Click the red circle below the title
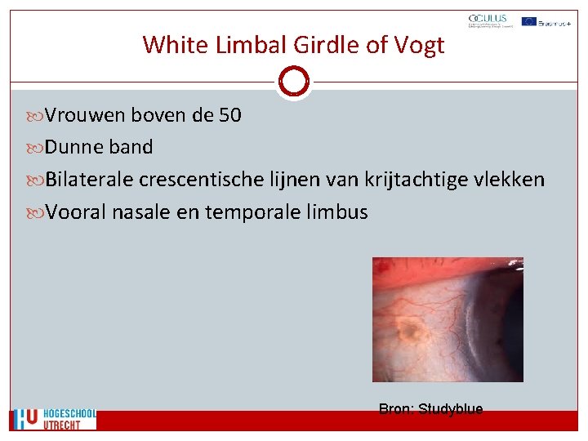(293, 82)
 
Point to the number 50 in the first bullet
(230, 115)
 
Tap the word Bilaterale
(90, 179)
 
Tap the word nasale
(139, 212)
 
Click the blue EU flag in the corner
(528, 21)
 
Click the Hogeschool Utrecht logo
(54, 419)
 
